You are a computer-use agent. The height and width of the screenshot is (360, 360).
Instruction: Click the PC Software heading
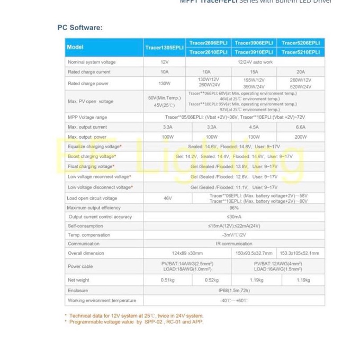80,28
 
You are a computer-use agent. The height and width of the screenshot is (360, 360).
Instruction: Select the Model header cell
75,47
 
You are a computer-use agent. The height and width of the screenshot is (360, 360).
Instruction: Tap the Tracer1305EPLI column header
164,47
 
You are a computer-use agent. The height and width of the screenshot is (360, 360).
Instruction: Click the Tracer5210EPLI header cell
301,52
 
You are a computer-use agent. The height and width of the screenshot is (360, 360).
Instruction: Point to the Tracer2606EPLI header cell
208,42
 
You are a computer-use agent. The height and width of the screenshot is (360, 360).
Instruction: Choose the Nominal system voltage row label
92,62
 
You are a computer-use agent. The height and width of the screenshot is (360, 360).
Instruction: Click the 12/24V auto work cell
255,62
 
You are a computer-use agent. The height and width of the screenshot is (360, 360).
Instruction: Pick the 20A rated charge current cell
301,71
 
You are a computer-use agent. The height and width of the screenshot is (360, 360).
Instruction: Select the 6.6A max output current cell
301,127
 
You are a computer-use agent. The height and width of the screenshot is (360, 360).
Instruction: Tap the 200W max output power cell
301,137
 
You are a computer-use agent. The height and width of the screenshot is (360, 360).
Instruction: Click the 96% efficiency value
234,208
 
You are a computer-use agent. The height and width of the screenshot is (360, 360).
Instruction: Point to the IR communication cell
234,244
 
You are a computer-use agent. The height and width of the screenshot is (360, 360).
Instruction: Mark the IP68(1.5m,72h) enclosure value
234,290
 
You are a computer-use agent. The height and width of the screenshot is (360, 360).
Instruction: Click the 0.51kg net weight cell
167,280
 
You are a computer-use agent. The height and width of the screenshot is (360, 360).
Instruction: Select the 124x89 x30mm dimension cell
187,253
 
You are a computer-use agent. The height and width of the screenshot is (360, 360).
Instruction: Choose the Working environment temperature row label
102,300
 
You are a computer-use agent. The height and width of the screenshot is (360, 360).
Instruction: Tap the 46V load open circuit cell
167,198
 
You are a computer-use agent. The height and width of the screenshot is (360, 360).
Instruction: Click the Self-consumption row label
85,226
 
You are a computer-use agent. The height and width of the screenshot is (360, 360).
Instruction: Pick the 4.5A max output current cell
254,127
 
